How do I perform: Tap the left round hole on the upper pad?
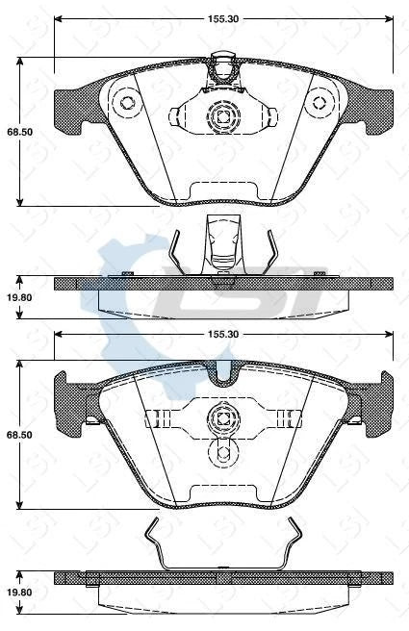pos(125,104)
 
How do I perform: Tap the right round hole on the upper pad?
pos(319,104)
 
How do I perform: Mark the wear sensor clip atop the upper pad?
pos(223,68)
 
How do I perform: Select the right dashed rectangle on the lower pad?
pos(285,417)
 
